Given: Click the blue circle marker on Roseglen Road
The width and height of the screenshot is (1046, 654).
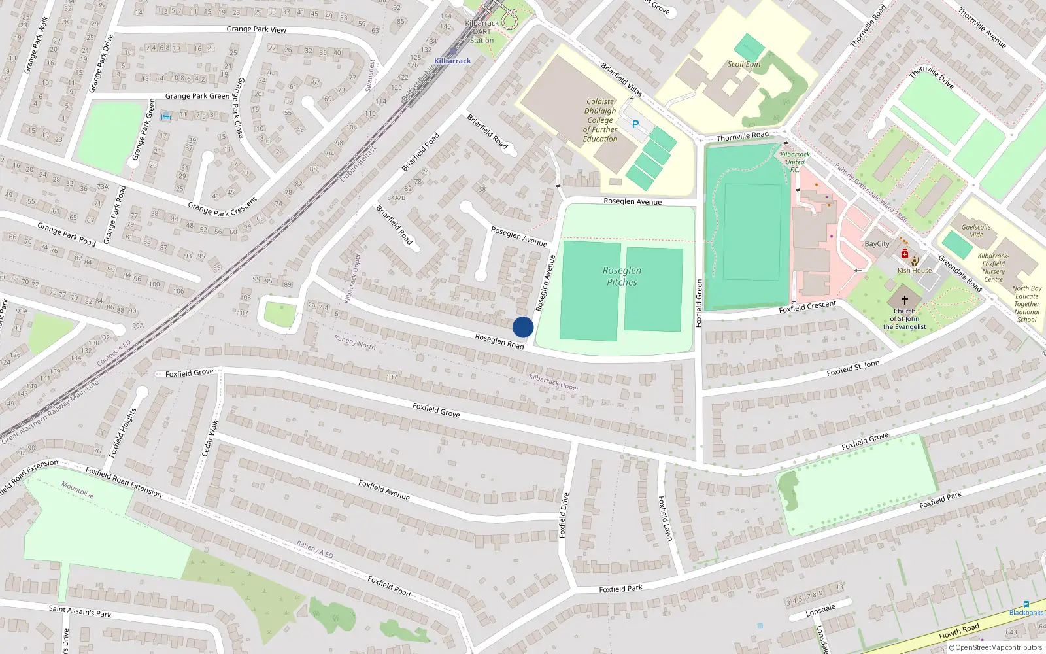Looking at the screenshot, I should click(x=523, y=327).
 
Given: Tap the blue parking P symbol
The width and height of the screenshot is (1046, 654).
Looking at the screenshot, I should click(x=635, y=124).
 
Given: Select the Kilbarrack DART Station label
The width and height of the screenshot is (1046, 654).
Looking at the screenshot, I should click(x=482, y=31).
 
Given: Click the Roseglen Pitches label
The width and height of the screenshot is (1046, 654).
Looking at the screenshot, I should click(x=622, y=277).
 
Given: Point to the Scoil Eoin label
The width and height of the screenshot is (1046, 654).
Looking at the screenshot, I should click(x=744, y=64).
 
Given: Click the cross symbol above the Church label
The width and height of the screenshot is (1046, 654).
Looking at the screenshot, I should click(x=905, y=300).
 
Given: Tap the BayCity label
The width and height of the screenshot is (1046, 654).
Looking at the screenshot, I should click(x=877, y=244).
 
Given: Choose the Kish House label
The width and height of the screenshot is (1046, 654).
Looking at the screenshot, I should click(x=915, y=271).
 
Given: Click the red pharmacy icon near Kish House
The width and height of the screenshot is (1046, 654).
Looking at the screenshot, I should click(x=904, y=254).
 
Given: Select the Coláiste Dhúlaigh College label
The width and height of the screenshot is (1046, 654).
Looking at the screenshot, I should click(x=600, y=120).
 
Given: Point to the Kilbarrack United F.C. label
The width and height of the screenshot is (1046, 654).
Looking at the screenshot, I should click(x=795, y=162).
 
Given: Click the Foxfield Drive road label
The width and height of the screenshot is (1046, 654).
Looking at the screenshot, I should click(x=564, y=515).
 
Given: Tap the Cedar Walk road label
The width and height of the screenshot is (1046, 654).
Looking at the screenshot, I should click(x=210, y=438).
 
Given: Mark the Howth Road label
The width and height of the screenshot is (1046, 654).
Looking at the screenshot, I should click(x=959, y=631).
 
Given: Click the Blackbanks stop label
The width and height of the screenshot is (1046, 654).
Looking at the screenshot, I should click(x=1026, y=613).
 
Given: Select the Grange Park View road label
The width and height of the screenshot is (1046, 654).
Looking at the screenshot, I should click(x=256, y=29).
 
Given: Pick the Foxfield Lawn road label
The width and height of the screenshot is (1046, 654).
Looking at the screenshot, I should click(x=665, y=518).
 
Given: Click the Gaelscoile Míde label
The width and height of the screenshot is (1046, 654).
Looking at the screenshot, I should click(x=976, y=231).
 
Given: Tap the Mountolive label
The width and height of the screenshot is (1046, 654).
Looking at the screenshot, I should click(x=78, y=490).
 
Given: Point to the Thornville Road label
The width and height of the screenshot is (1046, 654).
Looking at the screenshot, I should click(x=742, y=136).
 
